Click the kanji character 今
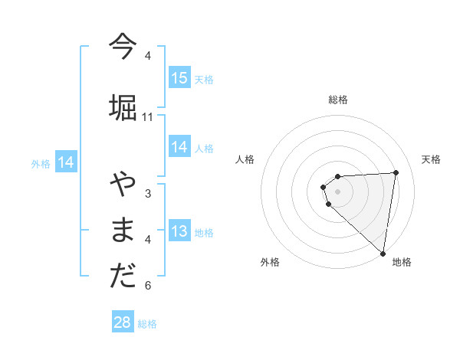(x=123, y=46)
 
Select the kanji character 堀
(x=123, y=106)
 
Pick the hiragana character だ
(x=123, y=277)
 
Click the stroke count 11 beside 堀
(x=148, y=116)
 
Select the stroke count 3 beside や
(x=148, y=193)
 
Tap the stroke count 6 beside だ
(x=148, y=286)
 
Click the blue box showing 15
(x=179, y=78)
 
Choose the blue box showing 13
(x=179, y=232)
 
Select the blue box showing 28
(x=123, y=322)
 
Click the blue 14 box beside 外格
(x=66, y=162)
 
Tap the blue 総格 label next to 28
(x=147, y=324)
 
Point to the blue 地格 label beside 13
(x=204, y=233)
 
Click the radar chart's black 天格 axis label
(x=431, y=159)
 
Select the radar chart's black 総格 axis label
(x=338, y=100)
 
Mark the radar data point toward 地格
(x=383, y=253)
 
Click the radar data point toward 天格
(x=396, y=172)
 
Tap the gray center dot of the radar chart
(x=338, y=191)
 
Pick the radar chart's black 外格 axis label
(x=270, y=262)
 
